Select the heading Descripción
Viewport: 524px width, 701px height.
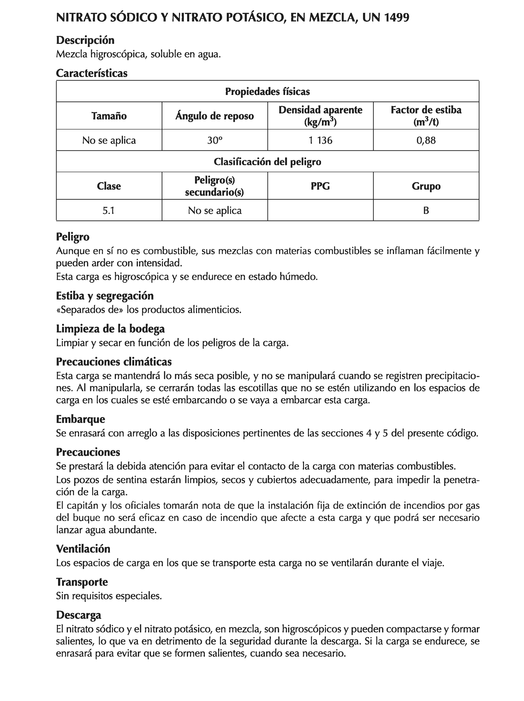(85, 40)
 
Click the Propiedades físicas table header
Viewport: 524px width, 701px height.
(267, 92)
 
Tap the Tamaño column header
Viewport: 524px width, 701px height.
(109, 116)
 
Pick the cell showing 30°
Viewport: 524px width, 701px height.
(215, 140)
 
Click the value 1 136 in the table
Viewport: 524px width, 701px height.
(320, 140)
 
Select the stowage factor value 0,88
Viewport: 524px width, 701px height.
(426, 140)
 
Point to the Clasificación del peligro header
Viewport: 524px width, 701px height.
(267, 162)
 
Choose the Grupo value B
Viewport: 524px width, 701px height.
(426, 210)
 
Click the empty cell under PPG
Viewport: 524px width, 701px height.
(320, 210)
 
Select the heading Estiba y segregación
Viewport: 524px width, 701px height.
(105, 296)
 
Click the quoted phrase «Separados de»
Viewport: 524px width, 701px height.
(89, 310)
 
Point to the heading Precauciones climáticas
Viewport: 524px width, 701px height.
(114, 362)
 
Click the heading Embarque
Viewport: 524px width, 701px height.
(80, 419)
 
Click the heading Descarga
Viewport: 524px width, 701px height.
(78, 615)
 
